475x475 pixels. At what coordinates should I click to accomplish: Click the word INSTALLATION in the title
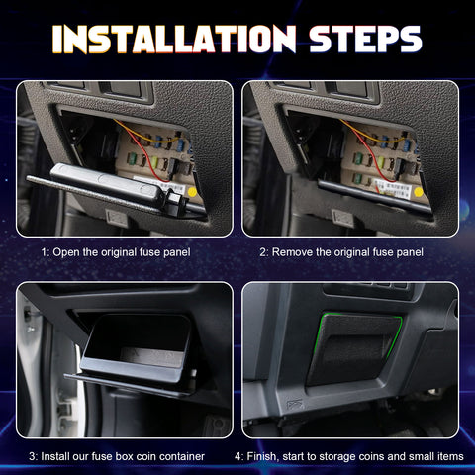(168, 39)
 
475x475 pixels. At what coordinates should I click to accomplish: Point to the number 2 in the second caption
(263, 252)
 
